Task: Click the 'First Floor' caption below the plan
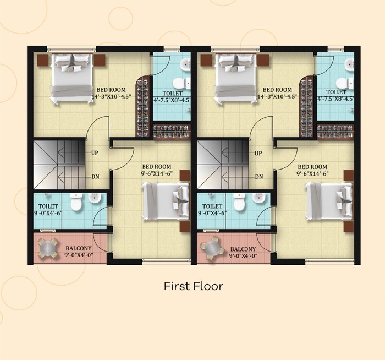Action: (194, 286)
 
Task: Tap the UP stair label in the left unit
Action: (95, 153)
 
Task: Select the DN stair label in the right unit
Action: (259, 177)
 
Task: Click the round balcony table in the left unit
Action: (48, 248)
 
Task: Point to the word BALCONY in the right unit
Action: (243, 249)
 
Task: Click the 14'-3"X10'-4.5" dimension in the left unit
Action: (111, 96)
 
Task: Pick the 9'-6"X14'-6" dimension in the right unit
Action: (312, 173)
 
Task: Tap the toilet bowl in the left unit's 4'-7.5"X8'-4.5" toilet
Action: (181, 83)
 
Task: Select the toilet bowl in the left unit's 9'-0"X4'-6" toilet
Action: (76, 202)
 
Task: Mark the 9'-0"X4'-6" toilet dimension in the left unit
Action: (48, 213)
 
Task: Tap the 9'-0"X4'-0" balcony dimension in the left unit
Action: (79, 255)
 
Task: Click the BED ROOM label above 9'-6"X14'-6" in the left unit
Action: (157, 167)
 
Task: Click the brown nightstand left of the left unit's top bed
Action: (42, 60)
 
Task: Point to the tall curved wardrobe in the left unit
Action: (144, 106)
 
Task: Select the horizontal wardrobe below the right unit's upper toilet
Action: (335, 132)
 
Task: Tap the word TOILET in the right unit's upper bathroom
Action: (336, 92)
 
